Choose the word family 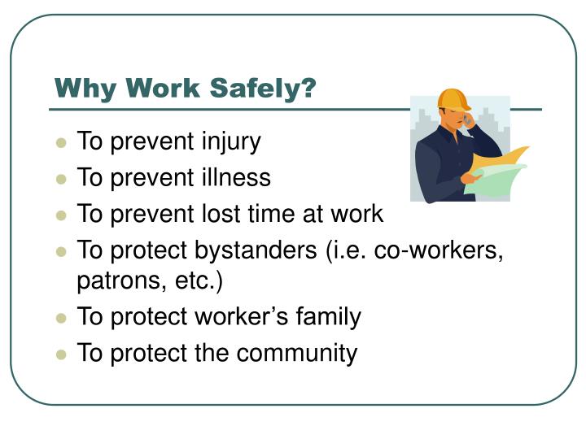(x=325, y=316)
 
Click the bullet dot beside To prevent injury (x=61, y=143)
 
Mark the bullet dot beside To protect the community (x=61, y=354)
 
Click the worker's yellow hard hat (x=453, y=99)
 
